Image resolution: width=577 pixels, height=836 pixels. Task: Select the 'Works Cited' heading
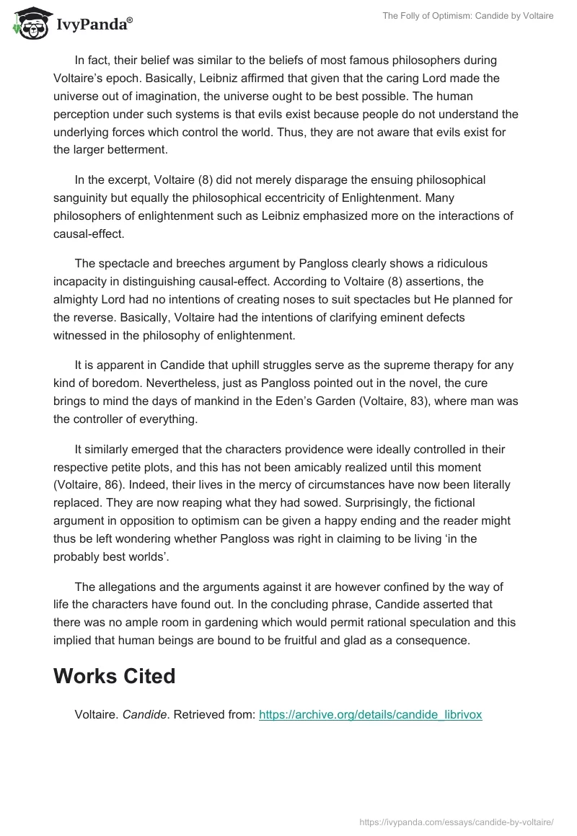(x=115, y=676)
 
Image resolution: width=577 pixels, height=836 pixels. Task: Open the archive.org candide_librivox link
(x=370, y=715)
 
